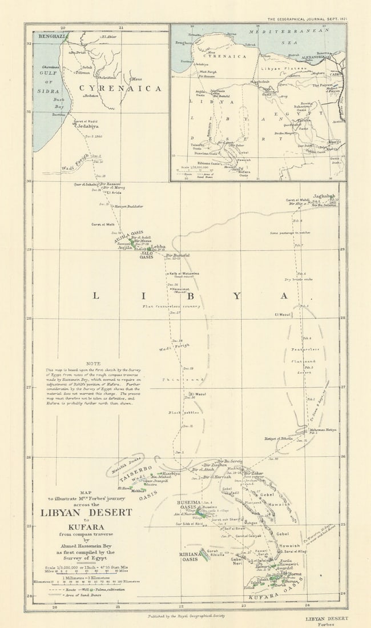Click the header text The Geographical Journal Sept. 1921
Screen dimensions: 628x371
point(307,19)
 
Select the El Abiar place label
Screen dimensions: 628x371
point(108,37)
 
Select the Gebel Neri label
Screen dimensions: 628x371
point(236,562)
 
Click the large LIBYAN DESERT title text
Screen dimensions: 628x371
point(86,512)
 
